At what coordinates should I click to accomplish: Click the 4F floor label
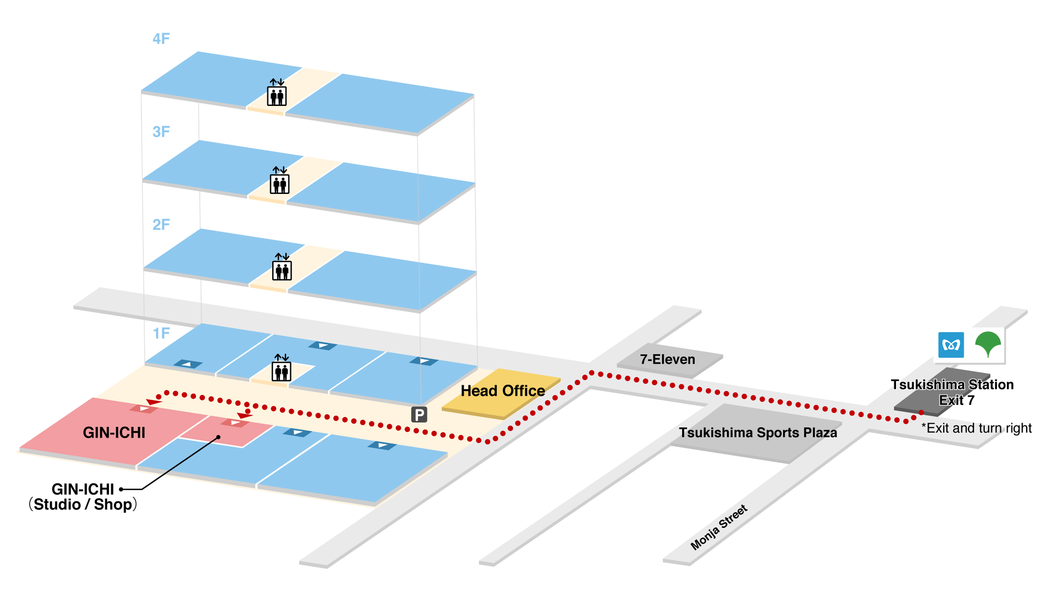pyautogui.click(x=161, y=39)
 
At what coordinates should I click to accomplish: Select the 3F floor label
pyautogui.click(x=161, y=132)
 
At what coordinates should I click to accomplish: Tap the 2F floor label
pyautogui.click(x=161, y=225)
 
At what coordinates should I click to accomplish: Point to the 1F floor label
pyautogui.click(x=161, y=333)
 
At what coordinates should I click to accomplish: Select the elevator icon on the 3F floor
pyautogui.click(x=280, y=180)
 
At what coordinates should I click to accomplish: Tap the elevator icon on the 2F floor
pyautogui.click(x=282, y=267)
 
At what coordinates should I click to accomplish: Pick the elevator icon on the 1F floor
pyautogui.click(x=281, y=368)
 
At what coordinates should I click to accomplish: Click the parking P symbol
pyautogui.click(x=419, y=414)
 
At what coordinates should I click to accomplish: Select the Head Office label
pyautogui.click(x=502, y=391)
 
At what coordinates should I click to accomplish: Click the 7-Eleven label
pyautogui.click(x=667, y=360)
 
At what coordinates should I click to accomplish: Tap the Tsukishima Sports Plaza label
pyautogui.click(x=758, y=433)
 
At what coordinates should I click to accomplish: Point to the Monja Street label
pyautogui.click(x=718, y=528)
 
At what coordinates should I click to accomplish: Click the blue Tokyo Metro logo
pyautogui.click(x=950, y=345)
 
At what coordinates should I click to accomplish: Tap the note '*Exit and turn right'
pyautogui.click(x=976, y=428)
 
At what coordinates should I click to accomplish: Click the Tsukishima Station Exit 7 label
pyautogui.click(x=952, y=392)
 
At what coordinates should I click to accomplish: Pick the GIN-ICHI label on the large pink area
pyautogui.click(x=114, y=433)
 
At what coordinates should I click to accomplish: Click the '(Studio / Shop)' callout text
pyautogui.click(x=83, y=505)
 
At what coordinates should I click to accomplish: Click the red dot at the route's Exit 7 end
pyautogui.click(x=921, y=412)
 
